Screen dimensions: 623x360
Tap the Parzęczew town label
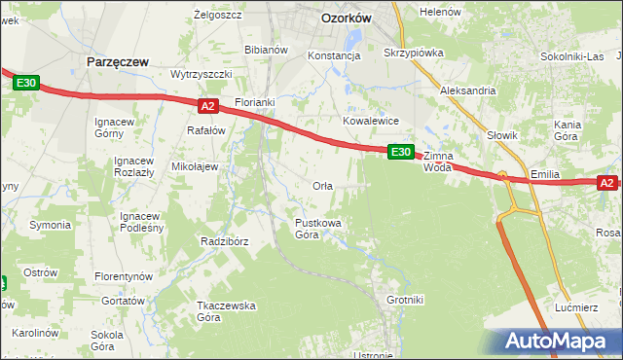coord(117,61)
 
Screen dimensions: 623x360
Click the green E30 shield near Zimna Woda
coord(401,152)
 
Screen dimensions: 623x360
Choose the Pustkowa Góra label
coord(318,229)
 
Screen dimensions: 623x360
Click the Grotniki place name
coord(405,300)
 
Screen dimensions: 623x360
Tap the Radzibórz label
coord(225,241)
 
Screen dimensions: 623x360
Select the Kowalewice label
coord(371,121)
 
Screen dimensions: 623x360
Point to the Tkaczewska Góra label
coord(226,311)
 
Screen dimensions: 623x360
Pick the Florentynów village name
coord(125,276)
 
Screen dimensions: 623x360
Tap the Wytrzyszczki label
coord(201,74)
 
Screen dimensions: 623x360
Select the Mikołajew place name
coord(195,166)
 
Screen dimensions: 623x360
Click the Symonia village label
coord(49,225)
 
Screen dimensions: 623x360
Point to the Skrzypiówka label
coord(414,53)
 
